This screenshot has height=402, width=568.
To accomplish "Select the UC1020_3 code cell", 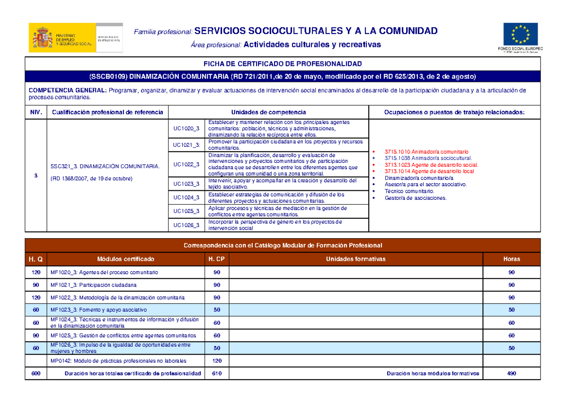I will tap(186, 128).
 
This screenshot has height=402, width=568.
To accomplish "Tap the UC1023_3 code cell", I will tap(186, 183).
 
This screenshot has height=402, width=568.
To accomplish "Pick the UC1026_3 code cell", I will tap(186, 225).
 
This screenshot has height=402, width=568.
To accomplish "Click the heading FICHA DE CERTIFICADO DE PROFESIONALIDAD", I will tap(282, 63).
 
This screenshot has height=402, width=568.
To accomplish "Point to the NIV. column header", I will tap(35, 112).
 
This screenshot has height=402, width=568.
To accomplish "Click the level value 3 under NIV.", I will tap(35, 176).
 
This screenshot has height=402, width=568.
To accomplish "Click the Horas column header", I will tap(512, 259).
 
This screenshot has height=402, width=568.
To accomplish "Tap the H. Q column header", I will tap(36, 259).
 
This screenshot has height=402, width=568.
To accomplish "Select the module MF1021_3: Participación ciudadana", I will tap(93, 285).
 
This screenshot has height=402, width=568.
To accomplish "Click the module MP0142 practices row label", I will tap(118, 361).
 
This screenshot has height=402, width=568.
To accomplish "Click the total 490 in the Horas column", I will tap(512, 374).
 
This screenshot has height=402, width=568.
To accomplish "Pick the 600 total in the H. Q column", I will tap(36, 374).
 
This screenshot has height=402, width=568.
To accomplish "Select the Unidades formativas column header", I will tap(355, 259).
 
